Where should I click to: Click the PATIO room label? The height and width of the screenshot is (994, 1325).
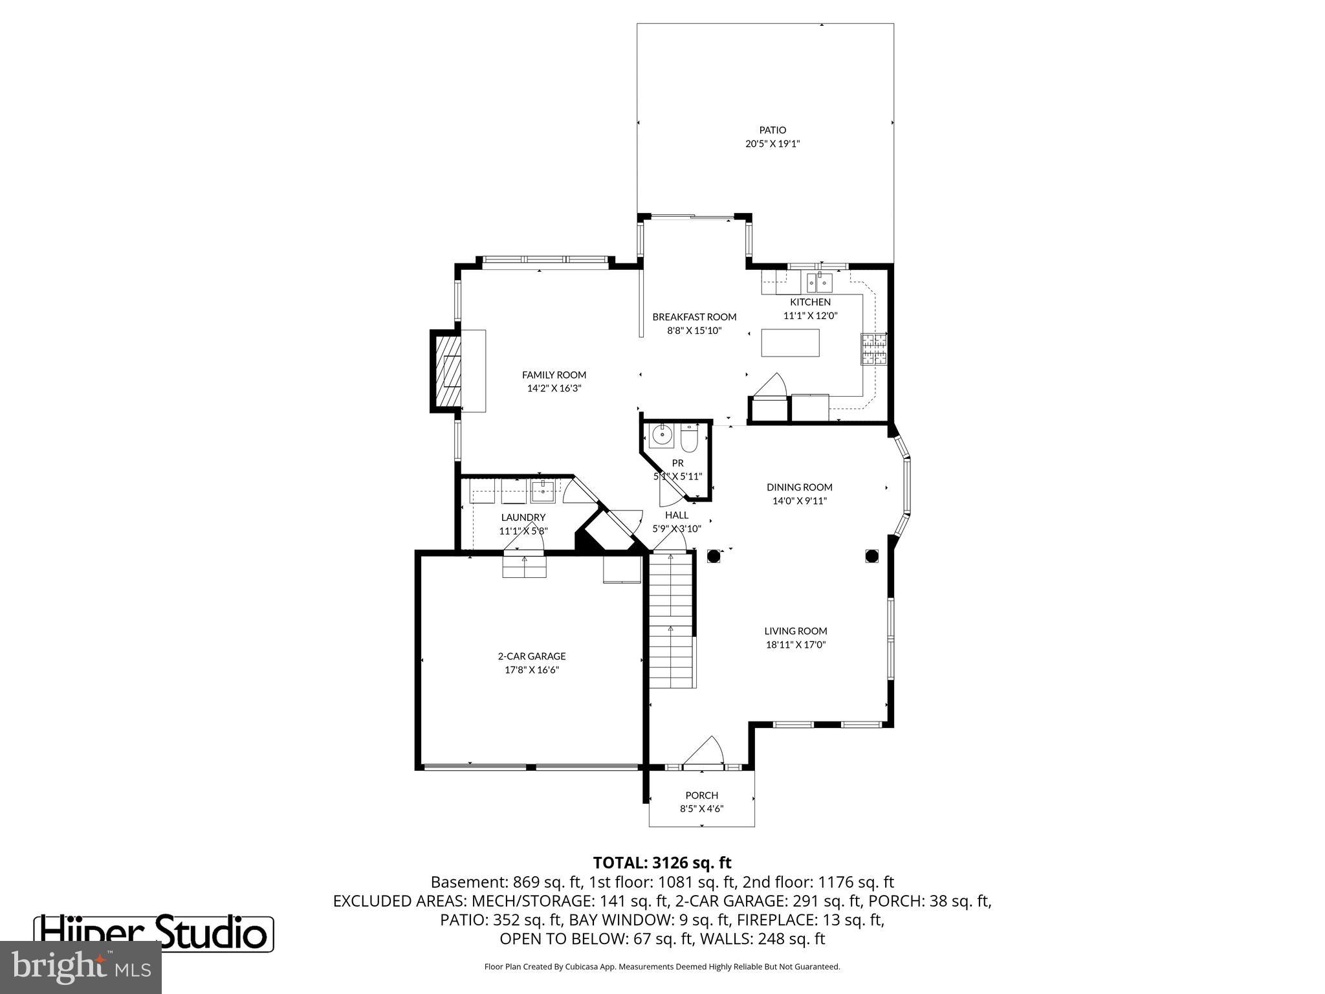coord(772,130)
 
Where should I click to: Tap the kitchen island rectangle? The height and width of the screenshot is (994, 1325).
coord(790,343)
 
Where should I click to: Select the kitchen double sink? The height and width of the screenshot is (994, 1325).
coord(819,283)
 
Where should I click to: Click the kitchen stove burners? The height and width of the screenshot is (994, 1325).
coord(873,349)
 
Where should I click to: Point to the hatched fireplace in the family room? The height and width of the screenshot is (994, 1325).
coord(446,371)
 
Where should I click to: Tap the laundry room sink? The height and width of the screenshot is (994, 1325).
coord(543,491)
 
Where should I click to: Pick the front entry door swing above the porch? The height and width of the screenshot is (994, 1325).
coord(705,752)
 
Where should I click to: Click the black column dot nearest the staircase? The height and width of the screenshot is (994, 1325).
coord(714,556)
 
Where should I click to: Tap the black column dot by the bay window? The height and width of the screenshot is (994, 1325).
coord(871,556)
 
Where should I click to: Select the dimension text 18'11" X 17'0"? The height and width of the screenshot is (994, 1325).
coord(796,645)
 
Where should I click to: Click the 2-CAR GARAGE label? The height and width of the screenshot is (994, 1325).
coord(532,656)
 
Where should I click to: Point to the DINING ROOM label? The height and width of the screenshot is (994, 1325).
coord(800,487)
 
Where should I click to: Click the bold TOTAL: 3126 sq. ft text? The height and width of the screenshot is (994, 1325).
coord(662,863)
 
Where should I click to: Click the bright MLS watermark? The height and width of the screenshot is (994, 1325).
coord(81,967)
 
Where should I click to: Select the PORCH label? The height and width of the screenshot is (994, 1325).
coord(702,795)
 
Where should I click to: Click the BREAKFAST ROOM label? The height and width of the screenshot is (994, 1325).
coord(694,317)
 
